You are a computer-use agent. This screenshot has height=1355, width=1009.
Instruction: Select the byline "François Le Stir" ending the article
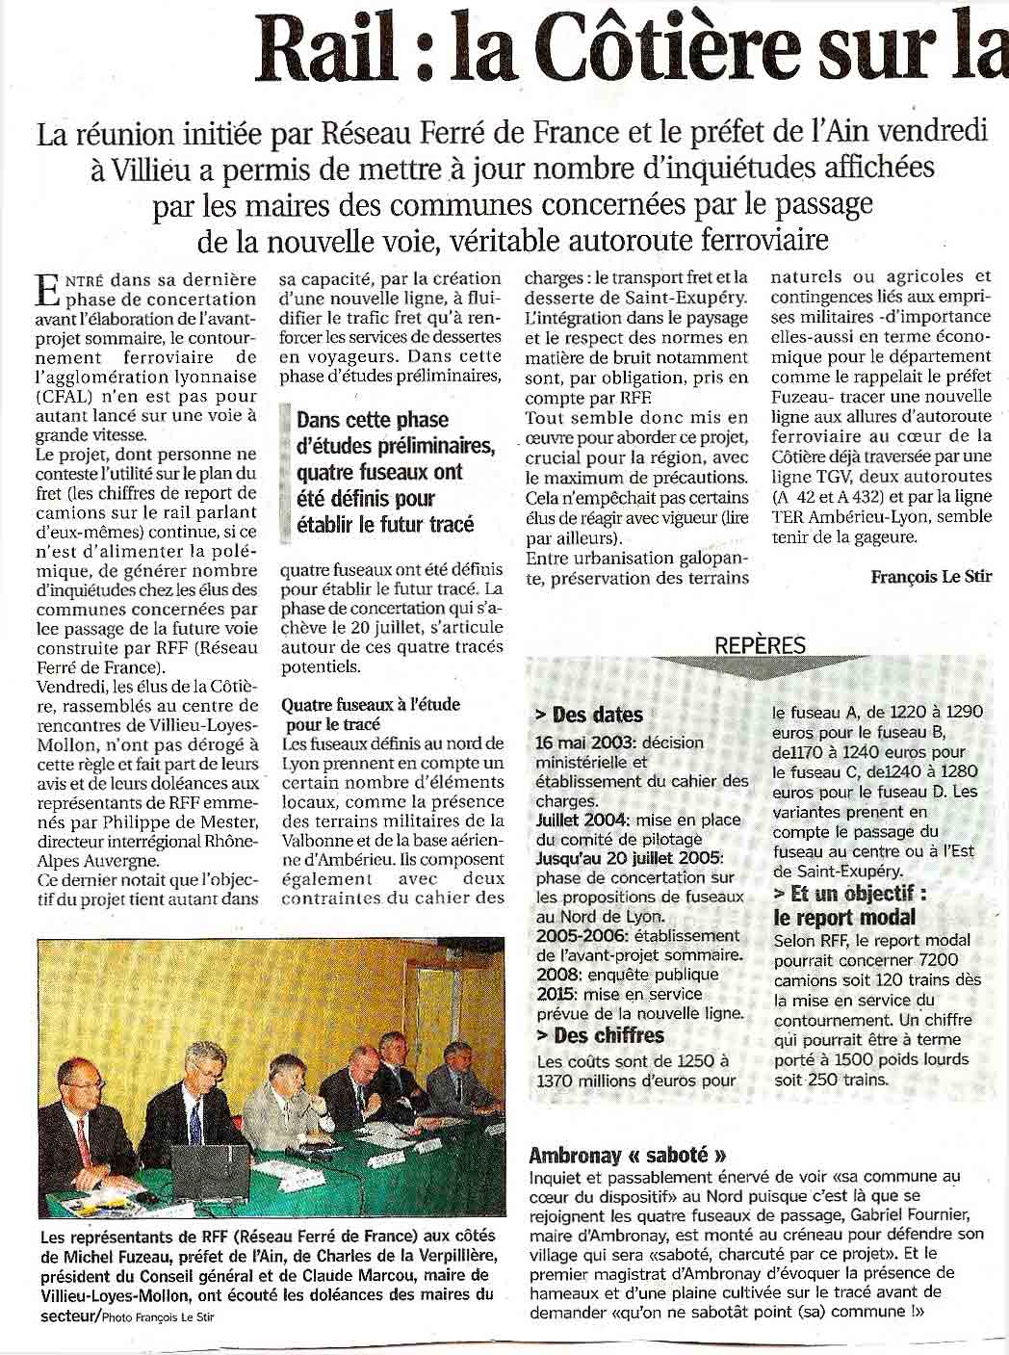[931, 577]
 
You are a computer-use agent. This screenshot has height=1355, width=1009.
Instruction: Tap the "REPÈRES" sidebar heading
[760, 646]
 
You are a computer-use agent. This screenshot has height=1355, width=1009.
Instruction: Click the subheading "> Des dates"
[588, 715]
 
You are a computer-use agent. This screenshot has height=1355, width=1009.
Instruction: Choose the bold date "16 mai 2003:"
[581, 743]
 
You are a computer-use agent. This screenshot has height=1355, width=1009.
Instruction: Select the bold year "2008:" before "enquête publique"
[556, 975]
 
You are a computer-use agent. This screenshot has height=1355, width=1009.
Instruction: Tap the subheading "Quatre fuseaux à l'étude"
[371, 704]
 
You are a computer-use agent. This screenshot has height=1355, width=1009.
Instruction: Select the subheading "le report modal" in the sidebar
[844, 917]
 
